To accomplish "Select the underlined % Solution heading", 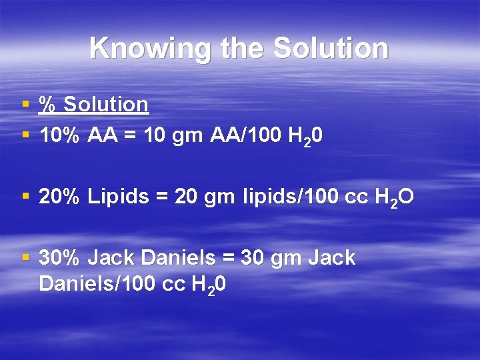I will point(93,105).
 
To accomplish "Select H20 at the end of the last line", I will point(209,285).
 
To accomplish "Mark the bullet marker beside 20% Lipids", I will point(25,197).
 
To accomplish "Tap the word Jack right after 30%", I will point(111,257).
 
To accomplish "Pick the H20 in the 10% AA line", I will point(306,137).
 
